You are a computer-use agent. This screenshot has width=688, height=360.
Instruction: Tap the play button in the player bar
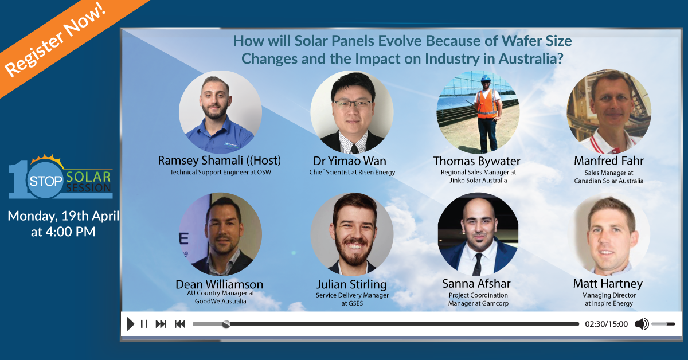[130, 324]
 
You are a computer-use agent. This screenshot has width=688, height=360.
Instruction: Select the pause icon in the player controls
[144, 324]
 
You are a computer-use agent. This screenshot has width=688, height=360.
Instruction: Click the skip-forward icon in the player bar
[161, 324]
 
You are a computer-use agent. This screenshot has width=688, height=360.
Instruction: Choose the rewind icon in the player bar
[180, 324]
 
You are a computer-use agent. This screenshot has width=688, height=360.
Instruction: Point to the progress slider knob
[226, 324]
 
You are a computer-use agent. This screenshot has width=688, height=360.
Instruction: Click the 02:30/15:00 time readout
[607, 324]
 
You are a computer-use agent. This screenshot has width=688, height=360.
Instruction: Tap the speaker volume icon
[642, 324]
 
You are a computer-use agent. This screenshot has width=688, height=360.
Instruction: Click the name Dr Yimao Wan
[350, 161]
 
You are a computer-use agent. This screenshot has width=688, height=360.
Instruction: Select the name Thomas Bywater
[476, 161]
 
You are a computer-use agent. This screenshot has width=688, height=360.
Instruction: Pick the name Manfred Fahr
[609, 161]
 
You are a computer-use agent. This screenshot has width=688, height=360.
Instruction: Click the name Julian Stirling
[351, 284]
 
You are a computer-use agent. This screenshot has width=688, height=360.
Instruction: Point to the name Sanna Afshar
[476, 284]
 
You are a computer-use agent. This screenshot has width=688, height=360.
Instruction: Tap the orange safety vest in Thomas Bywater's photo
[486, 104]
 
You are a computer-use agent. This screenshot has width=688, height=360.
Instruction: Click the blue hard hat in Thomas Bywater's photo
[486, 79]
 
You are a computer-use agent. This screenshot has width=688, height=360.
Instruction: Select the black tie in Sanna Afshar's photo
[478, 264]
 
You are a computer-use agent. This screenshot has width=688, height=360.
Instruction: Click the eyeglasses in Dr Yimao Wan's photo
[352, 104]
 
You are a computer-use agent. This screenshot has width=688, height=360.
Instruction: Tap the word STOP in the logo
[46, 181]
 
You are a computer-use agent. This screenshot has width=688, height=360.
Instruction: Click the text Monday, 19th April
[63, 216]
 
